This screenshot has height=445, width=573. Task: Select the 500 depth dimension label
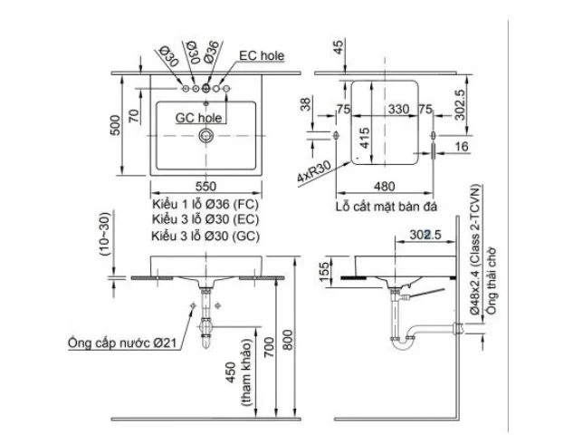coord(115,125)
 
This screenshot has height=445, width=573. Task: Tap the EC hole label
coord(262,55)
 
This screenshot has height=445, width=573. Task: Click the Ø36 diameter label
coord(209,52)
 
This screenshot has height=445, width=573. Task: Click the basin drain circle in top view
coord(207,136)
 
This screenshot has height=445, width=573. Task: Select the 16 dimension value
coord(462,146)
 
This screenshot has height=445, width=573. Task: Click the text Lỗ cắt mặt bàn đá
coord(385,207)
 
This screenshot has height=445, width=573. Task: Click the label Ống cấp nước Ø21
coord(127,342)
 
